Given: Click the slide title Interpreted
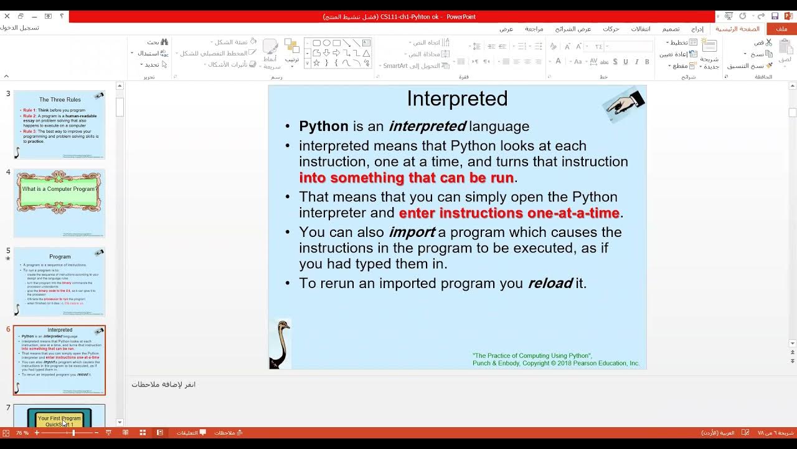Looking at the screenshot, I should pos(457,99).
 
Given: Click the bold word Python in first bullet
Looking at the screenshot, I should pos(323,126).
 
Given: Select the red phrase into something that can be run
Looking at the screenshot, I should pos(406,178).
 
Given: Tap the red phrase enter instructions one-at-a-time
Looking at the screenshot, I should pos(509,213).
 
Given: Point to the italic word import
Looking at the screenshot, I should pos(412,232).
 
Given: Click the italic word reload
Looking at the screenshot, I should pos(550,283).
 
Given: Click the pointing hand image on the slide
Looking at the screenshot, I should pos(625,104).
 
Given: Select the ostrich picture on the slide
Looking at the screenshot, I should pos(280,344).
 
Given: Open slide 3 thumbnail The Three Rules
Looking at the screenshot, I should pos(60,125).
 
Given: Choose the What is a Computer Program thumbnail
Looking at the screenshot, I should pos(60,203).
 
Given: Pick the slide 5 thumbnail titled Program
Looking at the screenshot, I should pos(60,282).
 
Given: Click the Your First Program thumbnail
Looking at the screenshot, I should pos(60,417).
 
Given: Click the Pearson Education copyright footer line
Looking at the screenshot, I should pos(555,363).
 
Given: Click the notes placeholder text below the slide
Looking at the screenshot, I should pos(164,384).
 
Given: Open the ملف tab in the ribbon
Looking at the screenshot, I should pos(781,29).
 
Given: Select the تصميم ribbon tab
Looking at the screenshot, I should pos(671,29).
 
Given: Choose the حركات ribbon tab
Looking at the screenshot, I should pos(611,29).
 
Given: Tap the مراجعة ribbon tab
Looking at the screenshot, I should pos(534,29).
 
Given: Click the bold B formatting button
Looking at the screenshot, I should pos(647,62).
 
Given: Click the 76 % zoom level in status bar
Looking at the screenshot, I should pos(22,433).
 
